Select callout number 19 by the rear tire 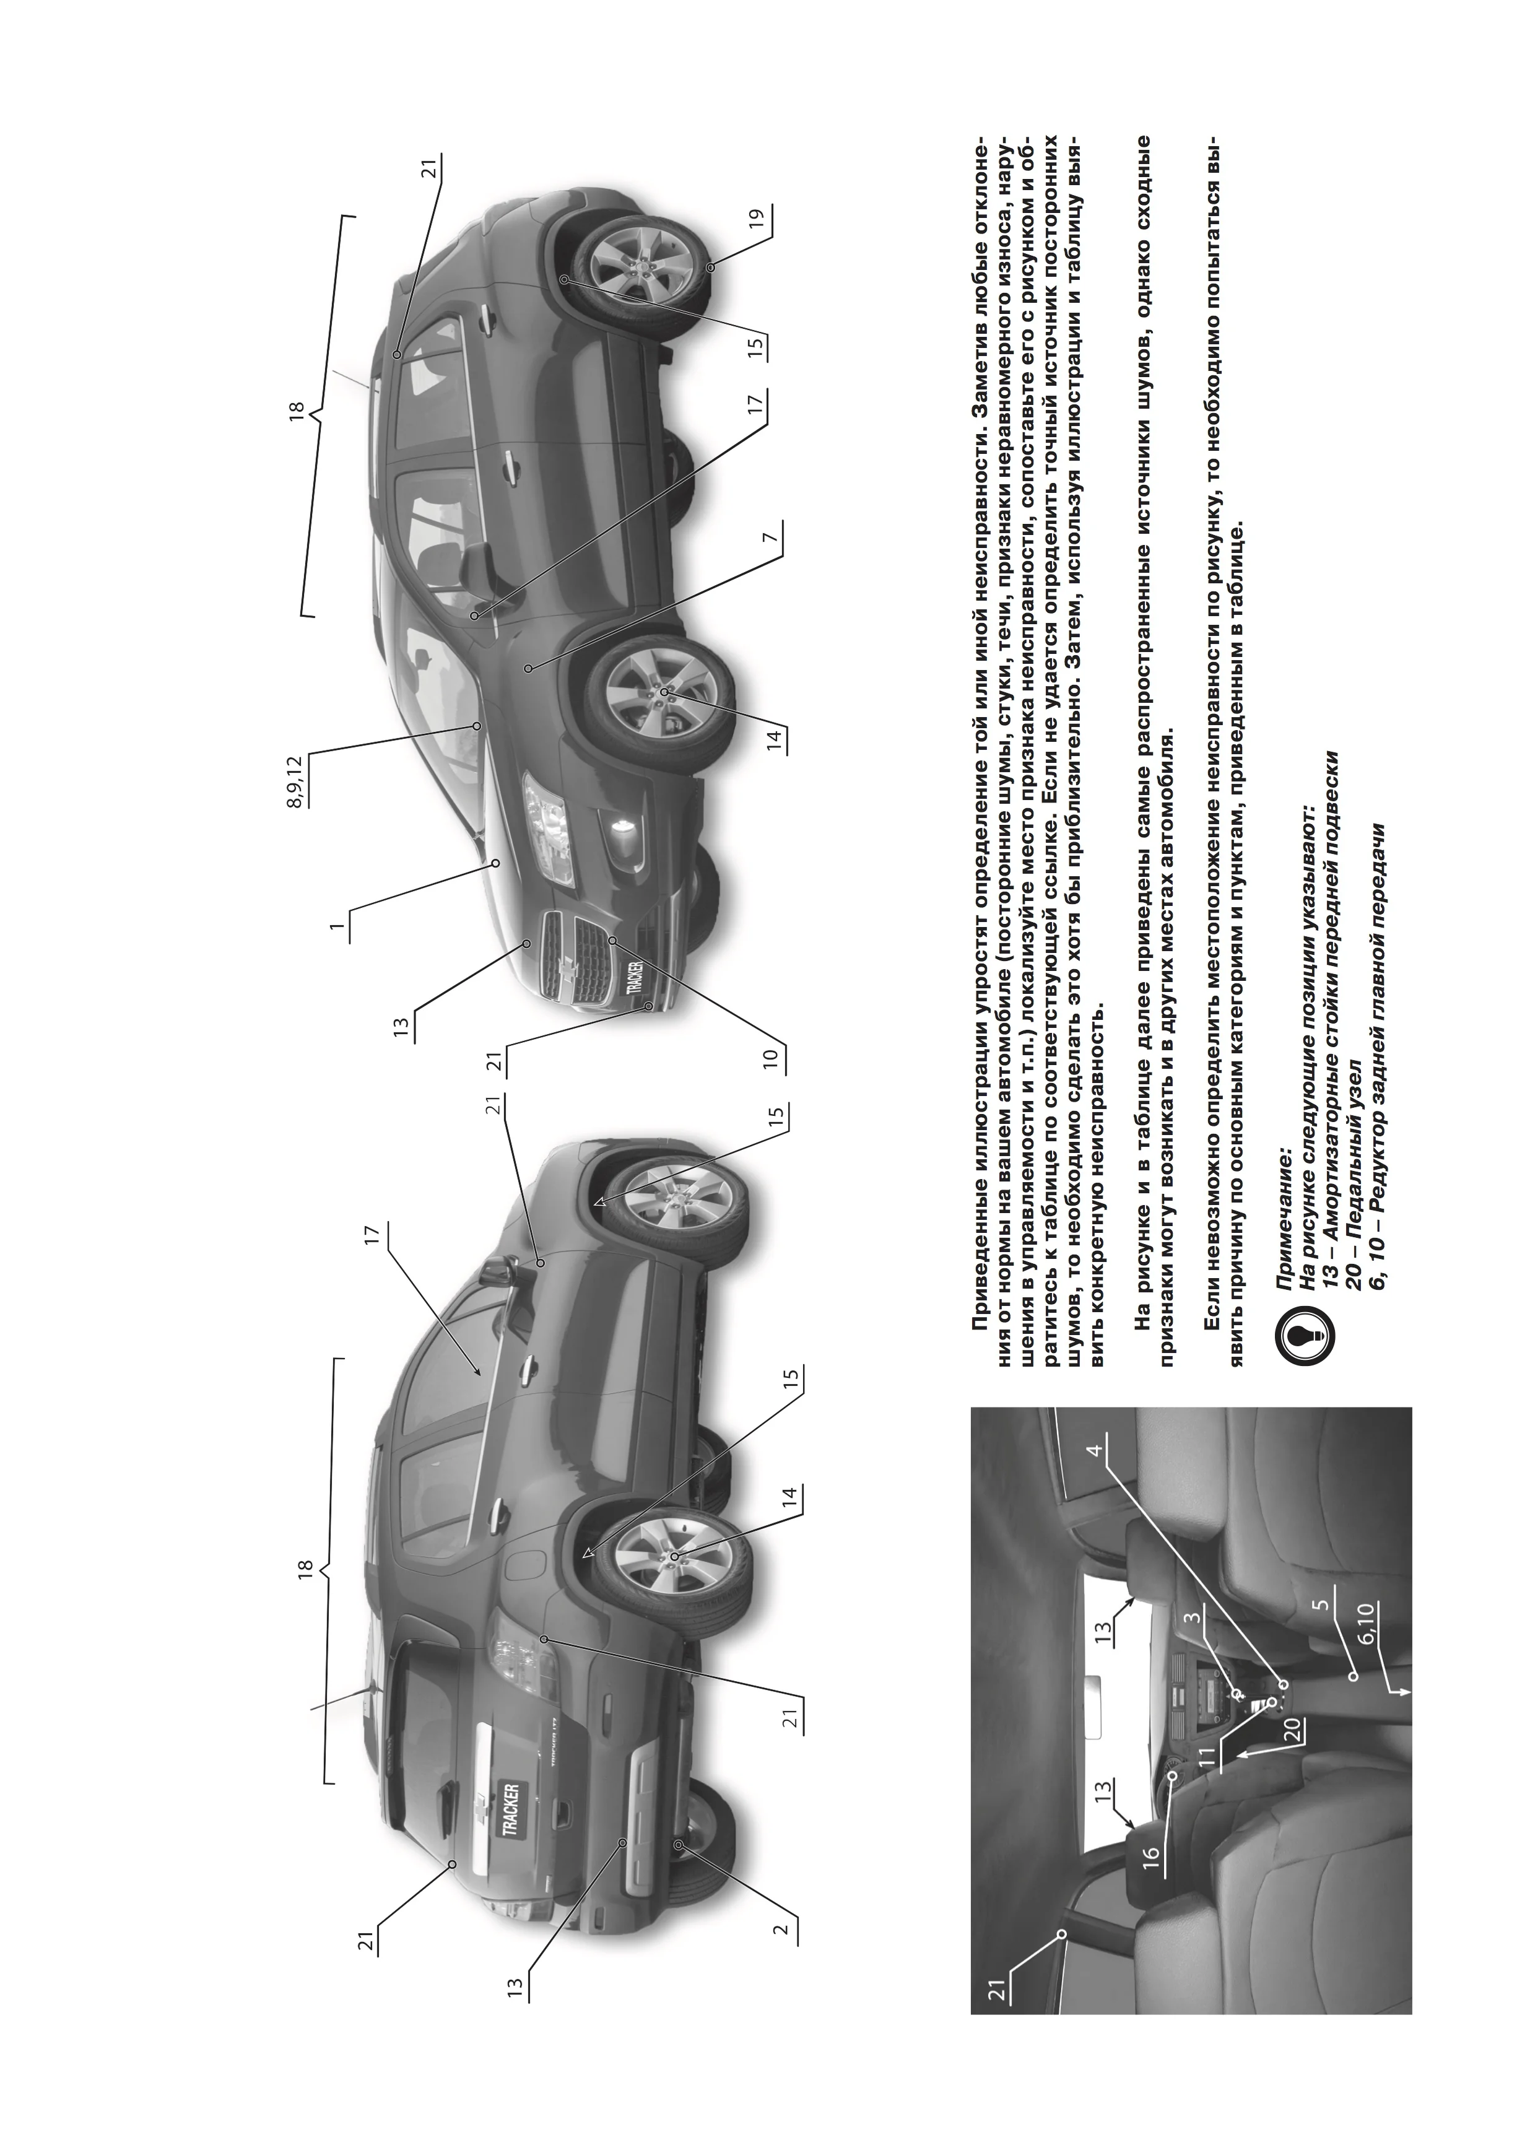pos(755,218)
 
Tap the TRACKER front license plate pos(629,977)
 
